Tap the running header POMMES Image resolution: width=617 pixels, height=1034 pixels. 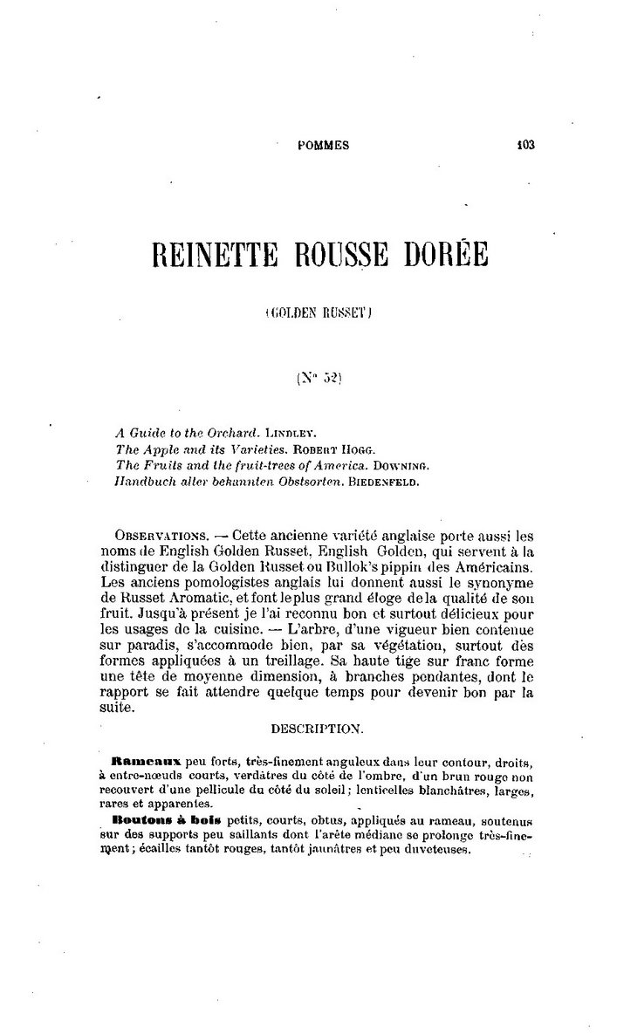324,147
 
